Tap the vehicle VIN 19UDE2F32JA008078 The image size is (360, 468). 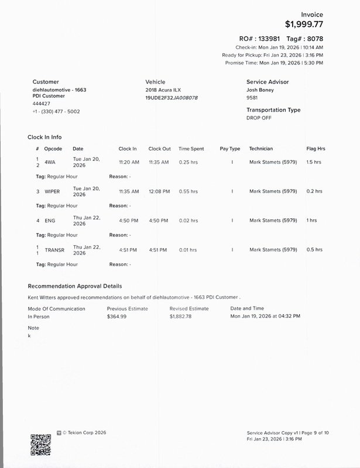172,98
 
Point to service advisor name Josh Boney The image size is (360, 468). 261,91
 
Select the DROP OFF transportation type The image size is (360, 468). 259,118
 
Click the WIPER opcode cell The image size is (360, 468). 52,191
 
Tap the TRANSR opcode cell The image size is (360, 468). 54,250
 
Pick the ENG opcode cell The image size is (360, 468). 49,221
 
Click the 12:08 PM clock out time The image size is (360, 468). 159,191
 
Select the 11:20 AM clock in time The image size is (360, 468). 129,162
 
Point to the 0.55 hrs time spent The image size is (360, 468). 188,191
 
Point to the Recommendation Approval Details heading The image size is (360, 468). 75,287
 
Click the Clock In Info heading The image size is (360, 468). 44,137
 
